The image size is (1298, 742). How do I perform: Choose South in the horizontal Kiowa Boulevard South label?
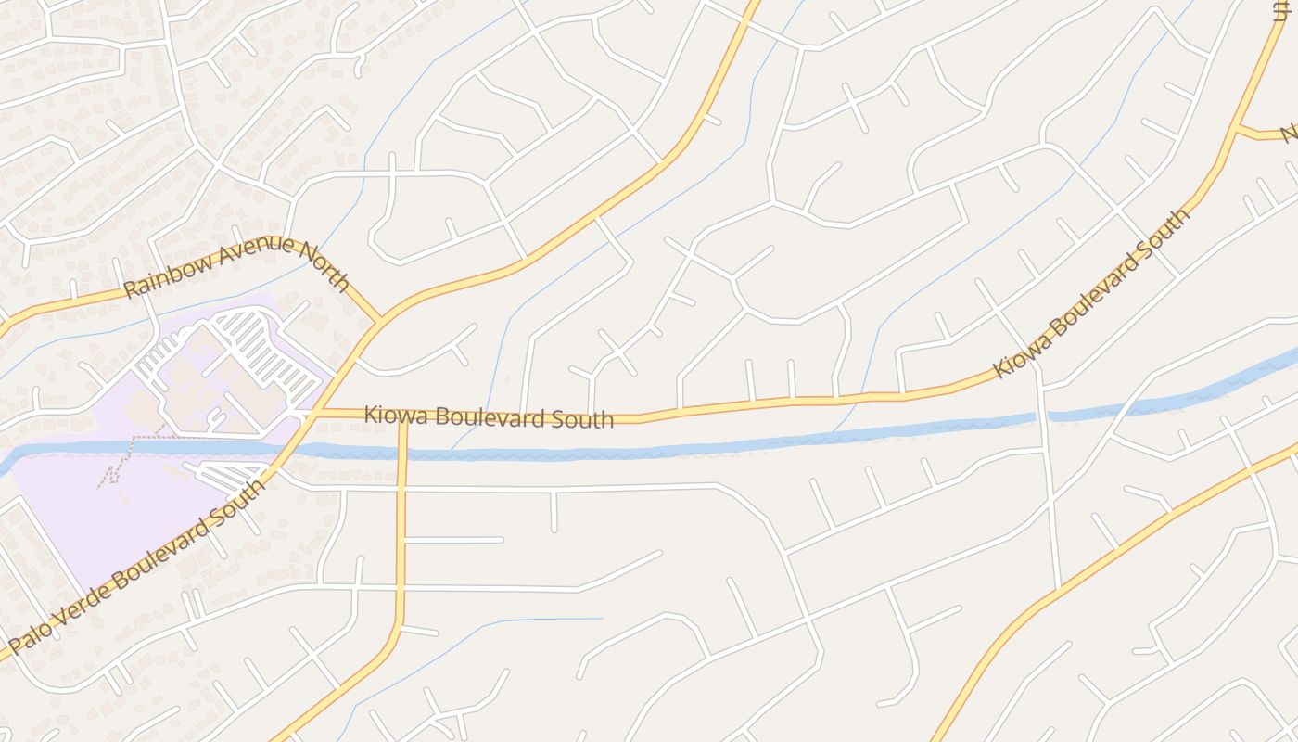coord(586,419)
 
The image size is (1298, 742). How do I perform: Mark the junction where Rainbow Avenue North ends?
coord(380,320)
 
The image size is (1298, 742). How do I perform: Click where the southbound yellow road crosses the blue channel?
coord(402,454)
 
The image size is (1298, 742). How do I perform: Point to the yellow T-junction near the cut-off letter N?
coord(1237,127)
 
